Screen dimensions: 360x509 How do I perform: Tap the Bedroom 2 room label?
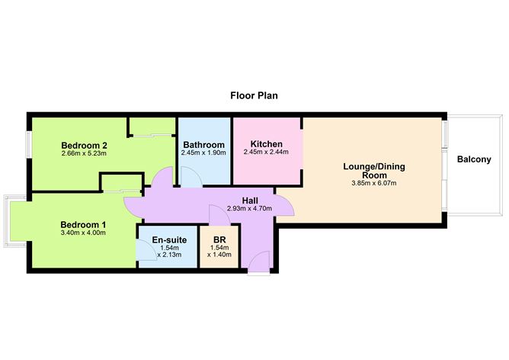84,145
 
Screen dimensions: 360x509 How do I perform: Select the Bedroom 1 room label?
83,224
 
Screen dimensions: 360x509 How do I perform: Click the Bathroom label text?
203,144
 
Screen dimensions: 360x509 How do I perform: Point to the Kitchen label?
267,144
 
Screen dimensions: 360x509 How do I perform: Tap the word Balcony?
475,160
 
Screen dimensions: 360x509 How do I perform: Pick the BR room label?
219,239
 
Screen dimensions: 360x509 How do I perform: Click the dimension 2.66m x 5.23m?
84,154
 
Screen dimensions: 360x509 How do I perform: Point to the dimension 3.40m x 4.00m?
83,233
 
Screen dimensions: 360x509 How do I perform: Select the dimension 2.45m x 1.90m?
203,153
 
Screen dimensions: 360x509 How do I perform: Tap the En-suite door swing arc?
144,249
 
